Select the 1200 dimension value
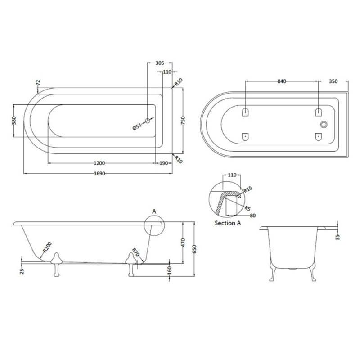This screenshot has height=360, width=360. [x=99, y=163]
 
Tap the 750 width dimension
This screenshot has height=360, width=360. [x=184, y=121]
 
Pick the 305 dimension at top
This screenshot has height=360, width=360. [x=158, y=64]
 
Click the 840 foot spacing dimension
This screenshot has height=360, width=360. [x=282, y=81]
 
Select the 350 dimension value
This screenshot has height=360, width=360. [x=333, y=81]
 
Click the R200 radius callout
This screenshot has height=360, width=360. [x=46, y=247]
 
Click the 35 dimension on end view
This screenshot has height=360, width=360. [x=338, y=236]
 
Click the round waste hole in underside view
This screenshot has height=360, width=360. [x=324, y=125]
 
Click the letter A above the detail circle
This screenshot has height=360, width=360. [x=155, y=211]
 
